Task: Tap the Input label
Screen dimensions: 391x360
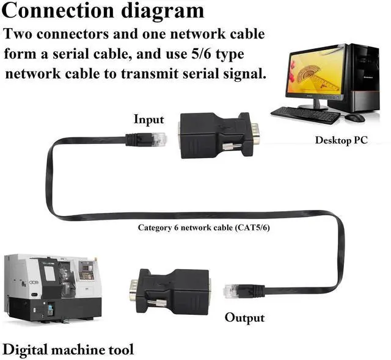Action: pyautogui.click(x=149, y=119)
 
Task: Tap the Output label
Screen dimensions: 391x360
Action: pyautogui.click(x=244, y=317)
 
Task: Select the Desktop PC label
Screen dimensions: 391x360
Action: pyautogui.click(x=341, y=140)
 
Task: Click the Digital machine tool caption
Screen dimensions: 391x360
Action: pyautogui.click(x=68, y=350)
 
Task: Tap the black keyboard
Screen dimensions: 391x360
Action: pyautogui.click(x=305, y=114)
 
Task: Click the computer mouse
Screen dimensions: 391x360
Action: pyautogui.click(x=354, y=117)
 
